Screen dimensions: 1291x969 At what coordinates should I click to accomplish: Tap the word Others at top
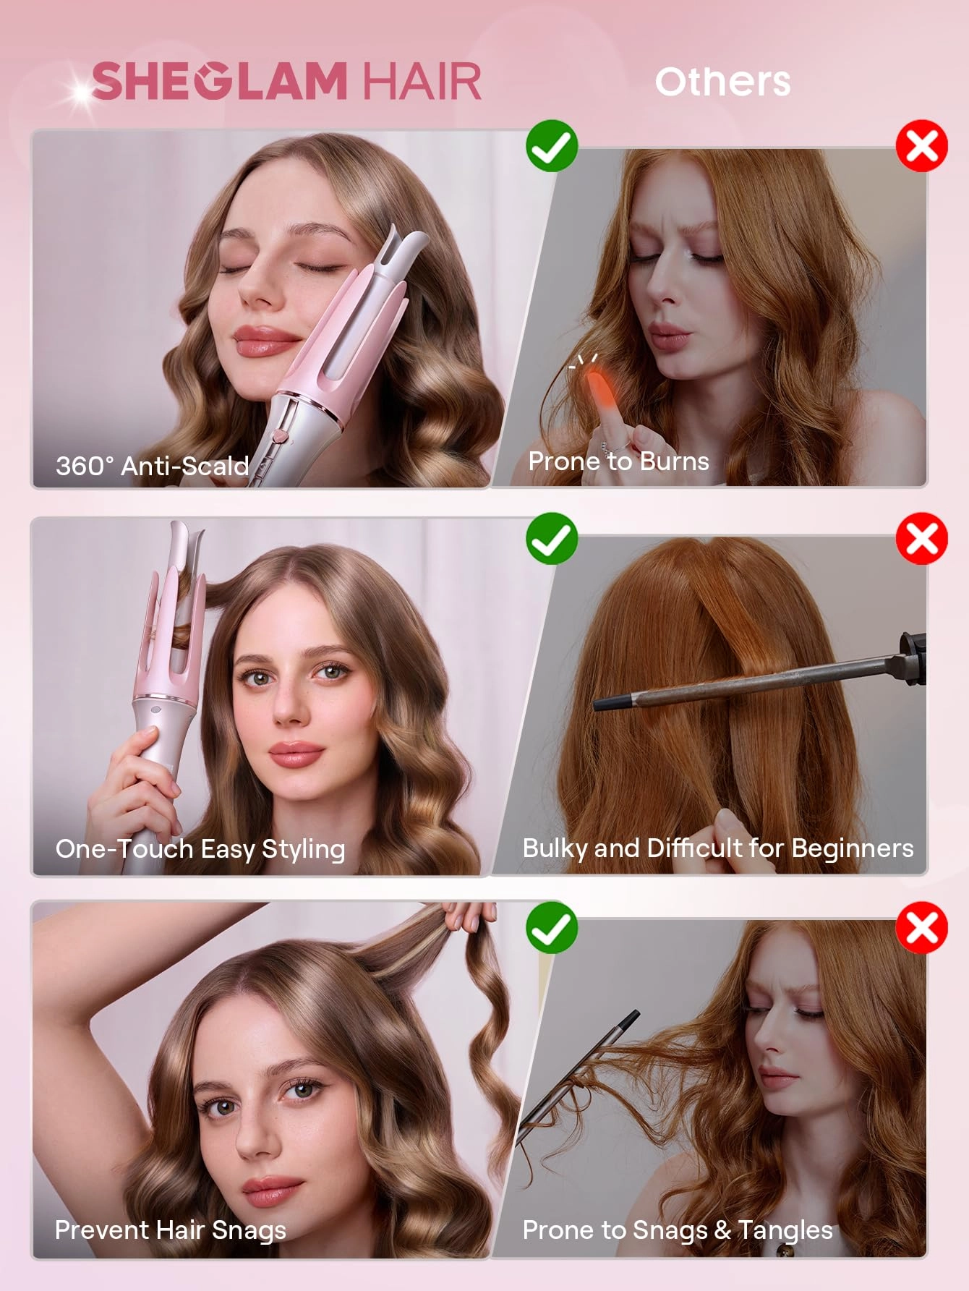[722, 81]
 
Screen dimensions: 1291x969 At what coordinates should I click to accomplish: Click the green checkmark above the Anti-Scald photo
[552, 146]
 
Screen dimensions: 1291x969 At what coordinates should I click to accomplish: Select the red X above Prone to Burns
[922, 146]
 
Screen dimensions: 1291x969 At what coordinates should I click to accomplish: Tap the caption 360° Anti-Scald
[153, 466]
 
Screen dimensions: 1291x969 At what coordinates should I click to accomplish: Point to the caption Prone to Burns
[618, 461]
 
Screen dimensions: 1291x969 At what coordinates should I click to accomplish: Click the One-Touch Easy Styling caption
[200, 848]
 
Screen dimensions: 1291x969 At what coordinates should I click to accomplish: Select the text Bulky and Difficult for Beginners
[717, 848]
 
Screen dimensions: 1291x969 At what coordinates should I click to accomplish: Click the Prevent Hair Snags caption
[171, 1230]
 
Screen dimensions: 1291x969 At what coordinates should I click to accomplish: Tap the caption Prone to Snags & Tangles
[678, 1230]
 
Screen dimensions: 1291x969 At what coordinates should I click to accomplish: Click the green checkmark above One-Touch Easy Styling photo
[552, 539]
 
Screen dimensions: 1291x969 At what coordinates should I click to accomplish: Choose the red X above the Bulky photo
[922, 539]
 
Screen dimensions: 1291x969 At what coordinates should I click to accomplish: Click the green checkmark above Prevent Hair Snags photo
[552, 927]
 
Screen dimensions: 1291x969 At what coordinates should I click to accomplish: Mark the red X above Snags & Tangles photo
[922, 927]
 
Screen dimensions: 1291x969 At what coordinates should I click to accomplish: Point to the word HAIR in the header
[422, 80]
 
